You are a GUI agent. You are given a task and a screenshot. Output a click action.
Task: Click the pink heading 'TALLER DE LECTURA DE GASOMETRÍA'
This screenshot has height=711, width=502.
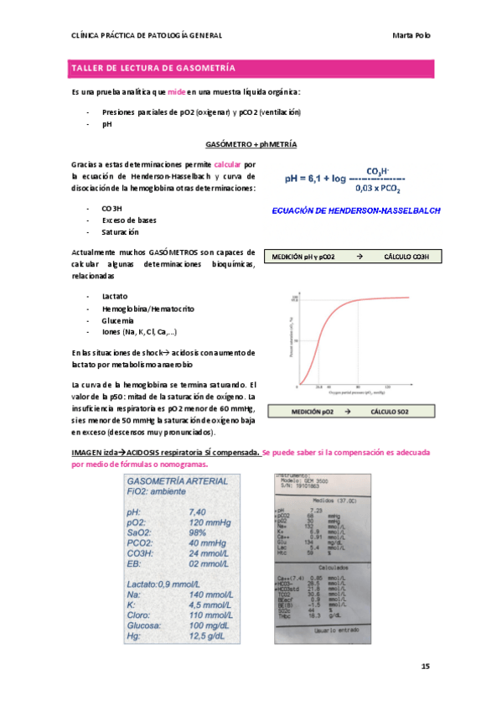click(153, 67)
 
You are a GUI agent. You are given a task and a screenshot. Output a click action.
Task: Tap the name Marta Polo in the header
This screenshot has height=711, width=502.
click(411, 35)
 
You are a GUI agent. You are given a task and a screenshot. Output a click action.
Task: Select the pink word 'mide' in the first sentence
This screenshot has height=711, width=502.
click(176, 91)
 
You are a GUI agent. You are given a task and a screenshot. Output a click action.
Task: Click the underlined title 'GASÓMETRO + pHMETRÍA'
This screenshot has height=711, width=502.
click(251, 144)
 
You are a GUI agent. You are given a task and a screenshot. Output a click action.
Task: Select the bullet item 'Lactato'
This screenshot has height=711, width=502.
click(115, 296)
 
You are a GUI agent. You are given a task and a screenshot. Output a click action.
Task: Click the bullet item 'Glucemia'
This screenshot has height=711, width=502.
click(117, 319)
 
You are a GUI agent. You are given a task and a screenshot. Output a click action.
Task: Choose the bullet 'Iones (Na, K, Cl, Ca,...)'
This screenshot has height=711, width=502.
click(138, 331)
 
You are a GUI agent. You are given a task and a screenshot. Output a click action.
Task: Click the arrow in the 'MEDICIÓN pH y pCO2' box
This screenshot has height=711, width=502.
click(358, 257)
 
